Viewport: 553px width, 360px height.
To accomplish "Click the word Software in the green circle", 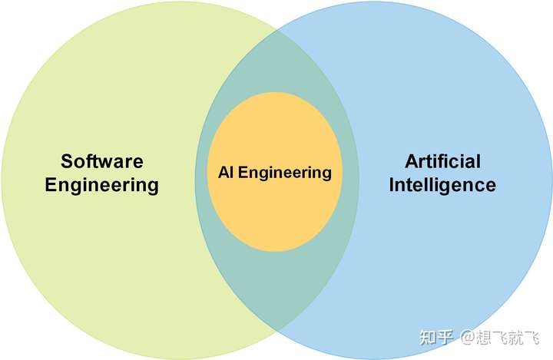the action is click(102, 162).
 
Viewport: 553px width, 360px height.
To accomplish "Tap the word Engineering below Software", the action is click(102, 185).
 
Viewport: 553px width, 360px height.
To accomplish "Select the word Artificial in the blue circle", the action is click(442, 162).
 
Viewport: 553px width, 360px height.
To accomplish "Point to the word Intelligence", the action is click(442, 185).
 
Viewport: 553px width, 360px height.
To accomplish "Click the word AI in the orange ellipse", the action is click(226, 173).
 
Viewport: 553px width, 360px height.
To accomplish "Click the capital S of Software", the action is click(67, 162).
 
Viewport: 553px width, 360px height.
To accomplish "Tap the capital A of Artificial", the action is click(411, 162).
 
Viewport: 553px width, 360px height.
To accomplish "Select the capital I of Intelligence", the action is click(392, 185).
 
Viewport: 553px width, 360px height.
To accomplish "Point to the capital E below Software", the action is click(51, 185).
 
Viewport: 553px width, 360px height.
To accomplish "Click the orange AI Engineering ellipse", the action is click(274, 207).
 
